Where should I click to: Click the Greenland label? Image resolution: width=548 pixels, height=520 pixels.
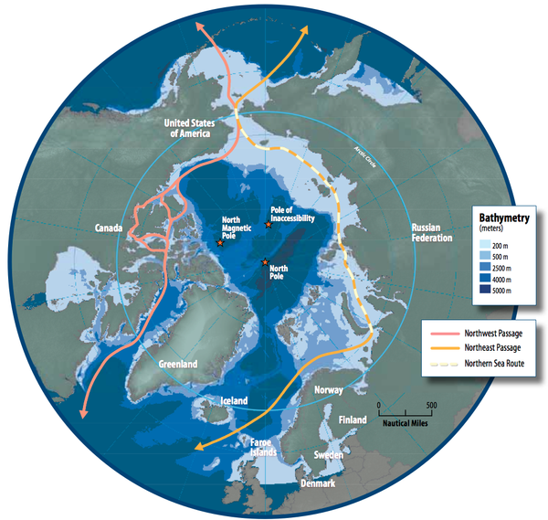pyautogui.click(x=178, y=365)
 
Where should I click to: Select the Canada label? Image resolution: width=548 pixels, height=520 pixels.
pyautogui.click(x=109, y=228)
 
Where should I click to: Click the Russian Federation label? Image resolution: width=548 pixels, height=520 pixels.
pyautogui.click(x=432, y=231)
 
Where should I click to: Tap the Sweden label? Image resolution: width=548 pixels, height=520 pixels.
pyautogui.click(x=328, y=454)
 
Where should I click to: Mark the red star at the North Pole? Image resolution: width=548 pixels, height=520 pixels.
pyautogui.click(x=266, y=263)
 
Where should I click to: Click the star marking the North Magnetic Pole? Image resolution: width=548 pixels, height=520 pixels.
pyautogui.click(x=220, y=243)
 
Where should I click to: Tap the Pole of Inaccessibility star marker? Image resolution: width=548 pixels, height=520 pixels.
pyautogui.click(x=267, y=225)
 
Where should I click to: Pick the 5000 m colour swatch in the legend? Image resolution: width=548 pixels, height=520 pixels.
pyautogui.click(x=486, y=290)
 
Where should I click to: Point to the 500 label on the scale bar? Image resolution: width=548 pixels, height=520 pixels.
pyautogui.click(x=431, y=405)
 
